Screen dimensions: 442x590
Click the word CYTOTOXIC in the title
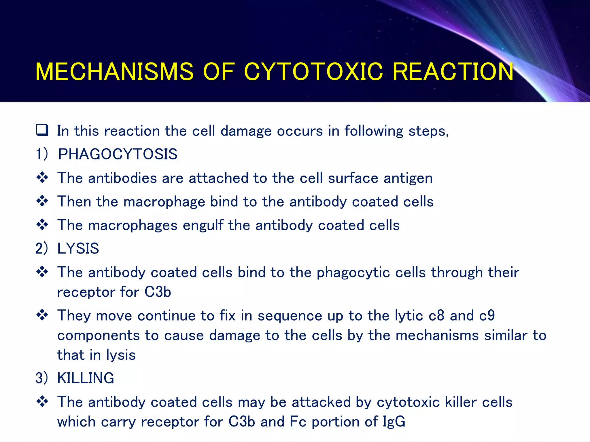(x=313, y=72)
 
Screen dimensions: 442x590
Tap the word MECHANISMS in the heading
(x=114, y=72)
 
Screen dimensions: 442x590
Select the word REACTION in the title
(x=453, y=72)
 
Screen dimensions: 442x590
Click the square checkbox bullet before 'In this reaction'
(x=42, y=130)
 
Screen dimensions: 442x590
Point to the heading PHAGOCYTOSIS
(x=118, y=154)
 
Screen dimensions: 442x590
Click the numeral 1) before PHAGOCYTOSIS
(x=41, y=154)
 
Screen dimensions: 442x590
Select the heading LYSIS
(x=78, y=248)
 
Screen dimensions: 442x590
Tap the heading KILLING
(x=86, y=378)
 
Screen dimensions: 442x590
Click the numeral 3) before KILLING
(x=41, y=378)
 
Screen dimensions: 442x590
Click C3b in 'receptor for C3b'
(x=158, y=292)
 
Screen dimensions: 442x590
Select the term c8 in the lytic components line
(x=436, y=315)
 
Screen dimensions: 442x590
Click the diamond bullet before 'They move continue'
(x=42, y=315)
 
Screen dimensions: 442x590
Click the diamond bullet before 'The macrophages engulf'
(x=42, y=224)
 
